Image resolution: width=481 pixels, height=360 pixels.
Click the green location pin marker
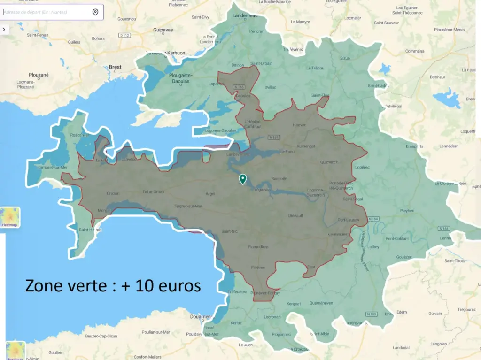242,179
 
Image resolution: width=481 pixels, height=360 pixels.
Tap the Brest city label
115,67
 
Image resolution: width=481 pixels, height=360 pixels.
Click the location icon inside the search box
95,12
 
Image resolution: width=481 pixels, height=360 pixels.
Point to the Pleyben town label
407,211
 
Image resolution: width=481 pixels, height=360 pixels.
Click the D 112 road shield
124,35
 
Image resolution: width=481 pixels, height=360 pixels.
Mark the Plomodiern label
258,246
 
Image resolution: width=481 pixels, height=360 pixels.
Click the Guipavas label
163,30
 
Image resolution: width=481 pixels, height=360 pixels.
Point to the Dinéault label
295,215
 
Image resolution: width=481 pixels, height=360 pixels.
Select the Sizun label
345,59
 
